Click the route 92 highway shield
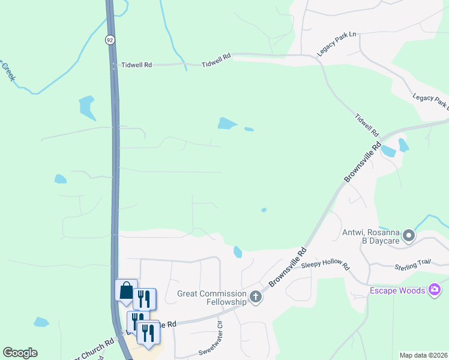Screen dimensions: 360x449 click(x=110, y=40)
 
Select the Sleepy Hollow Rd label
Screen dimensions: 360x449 click(x=325, y=265)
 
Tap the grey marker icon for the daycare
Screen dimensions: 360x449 click(x=409, y=236)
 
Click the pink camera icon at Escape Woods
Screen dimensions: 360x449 click(x=435, y=291)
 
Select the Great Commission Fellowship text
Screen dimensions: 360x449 click(x=212, y=297)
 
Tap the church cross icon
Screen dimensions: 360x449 click(x=256, y=296)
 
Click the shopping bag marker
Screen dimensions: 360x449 click(x=126, y=290)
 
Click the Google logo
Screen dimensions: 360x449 click(x=20, y=353)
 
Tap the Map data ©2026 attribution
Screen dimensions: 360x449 click(x=423, y=355)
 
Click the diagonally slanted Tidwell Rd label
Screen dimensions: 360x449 click(x=367, y=124)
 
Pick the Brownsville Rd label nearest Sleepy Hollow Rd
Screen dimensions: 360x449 click(x=285, y=266)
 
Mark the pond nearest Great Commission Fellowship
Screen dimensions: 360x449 click(x=238, y=252)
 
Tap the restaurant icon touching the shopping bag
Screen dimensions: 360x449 click(x=144, y=298)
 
